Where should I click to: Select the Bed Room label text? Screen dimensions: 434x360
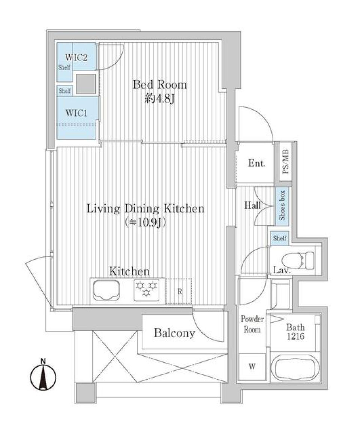tap(159, 85)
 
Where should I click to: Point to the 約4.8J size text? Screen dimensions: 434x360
tap(159, 99)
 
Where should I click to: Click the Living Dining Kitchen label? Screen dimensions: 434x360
tap(145, 208)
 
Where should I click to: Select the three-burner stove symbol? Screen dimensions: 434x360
tap(147, 291)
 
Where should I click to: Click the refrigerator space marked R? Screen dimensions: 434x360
tap(180, 291)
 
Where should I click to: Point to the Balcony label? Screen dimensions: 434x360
tap(174, 333)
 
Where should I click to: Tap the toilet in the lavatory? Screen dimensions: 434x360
tap(298, 259)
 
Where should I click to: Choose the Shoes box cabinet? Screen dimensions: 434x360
tap(282, 206)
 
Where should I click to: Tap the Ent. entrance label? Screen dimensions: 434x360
tap(257, 163)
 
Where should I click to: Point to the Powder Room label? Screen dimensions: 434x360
tap(252, 324)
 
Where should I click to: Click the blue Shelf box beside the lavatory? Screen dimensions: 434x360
tap(280, 238)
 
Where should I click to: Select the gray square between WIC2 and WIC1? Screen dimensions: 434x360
tap(85, 84)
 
